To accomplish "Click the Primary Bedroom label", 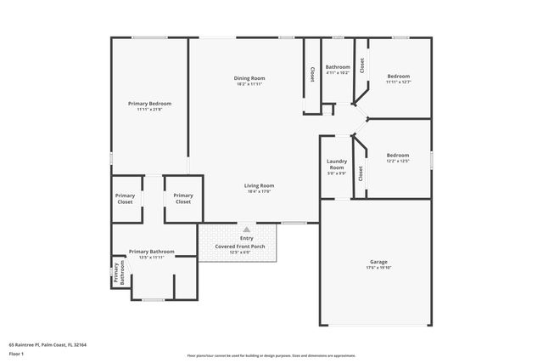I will [x=149, y=103].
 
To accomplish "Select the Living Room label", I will [x=260, y=184].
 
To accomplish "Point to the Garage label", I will [x=378, y=262].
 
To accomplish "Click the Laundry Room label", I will [x=337, y=164].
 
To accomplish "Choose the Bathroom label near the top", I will [x=338, y=66].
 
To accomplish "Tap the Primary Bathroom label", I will [x=151, y=252].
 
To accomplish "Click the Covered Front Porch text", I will [x=239, y=247].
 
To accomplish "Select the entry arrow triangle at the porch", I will [x=247, y=230].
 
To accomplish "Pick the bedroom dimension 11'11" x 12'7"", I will [x=398, y=82].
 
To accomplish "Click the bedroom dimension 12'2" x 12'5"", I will [x=398, y=162].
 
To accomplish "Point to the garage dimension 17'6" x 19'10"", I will [x=378, y=268].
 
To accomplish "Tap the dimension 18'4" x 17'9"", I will [x=260, y=191].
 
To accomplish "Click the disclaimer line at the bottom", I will [x=271, y=356].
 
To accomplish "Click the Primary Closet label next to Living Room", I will [x=183, y=199].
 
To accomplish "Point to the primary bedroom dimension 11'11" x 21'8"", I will [x=149, y=109].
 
